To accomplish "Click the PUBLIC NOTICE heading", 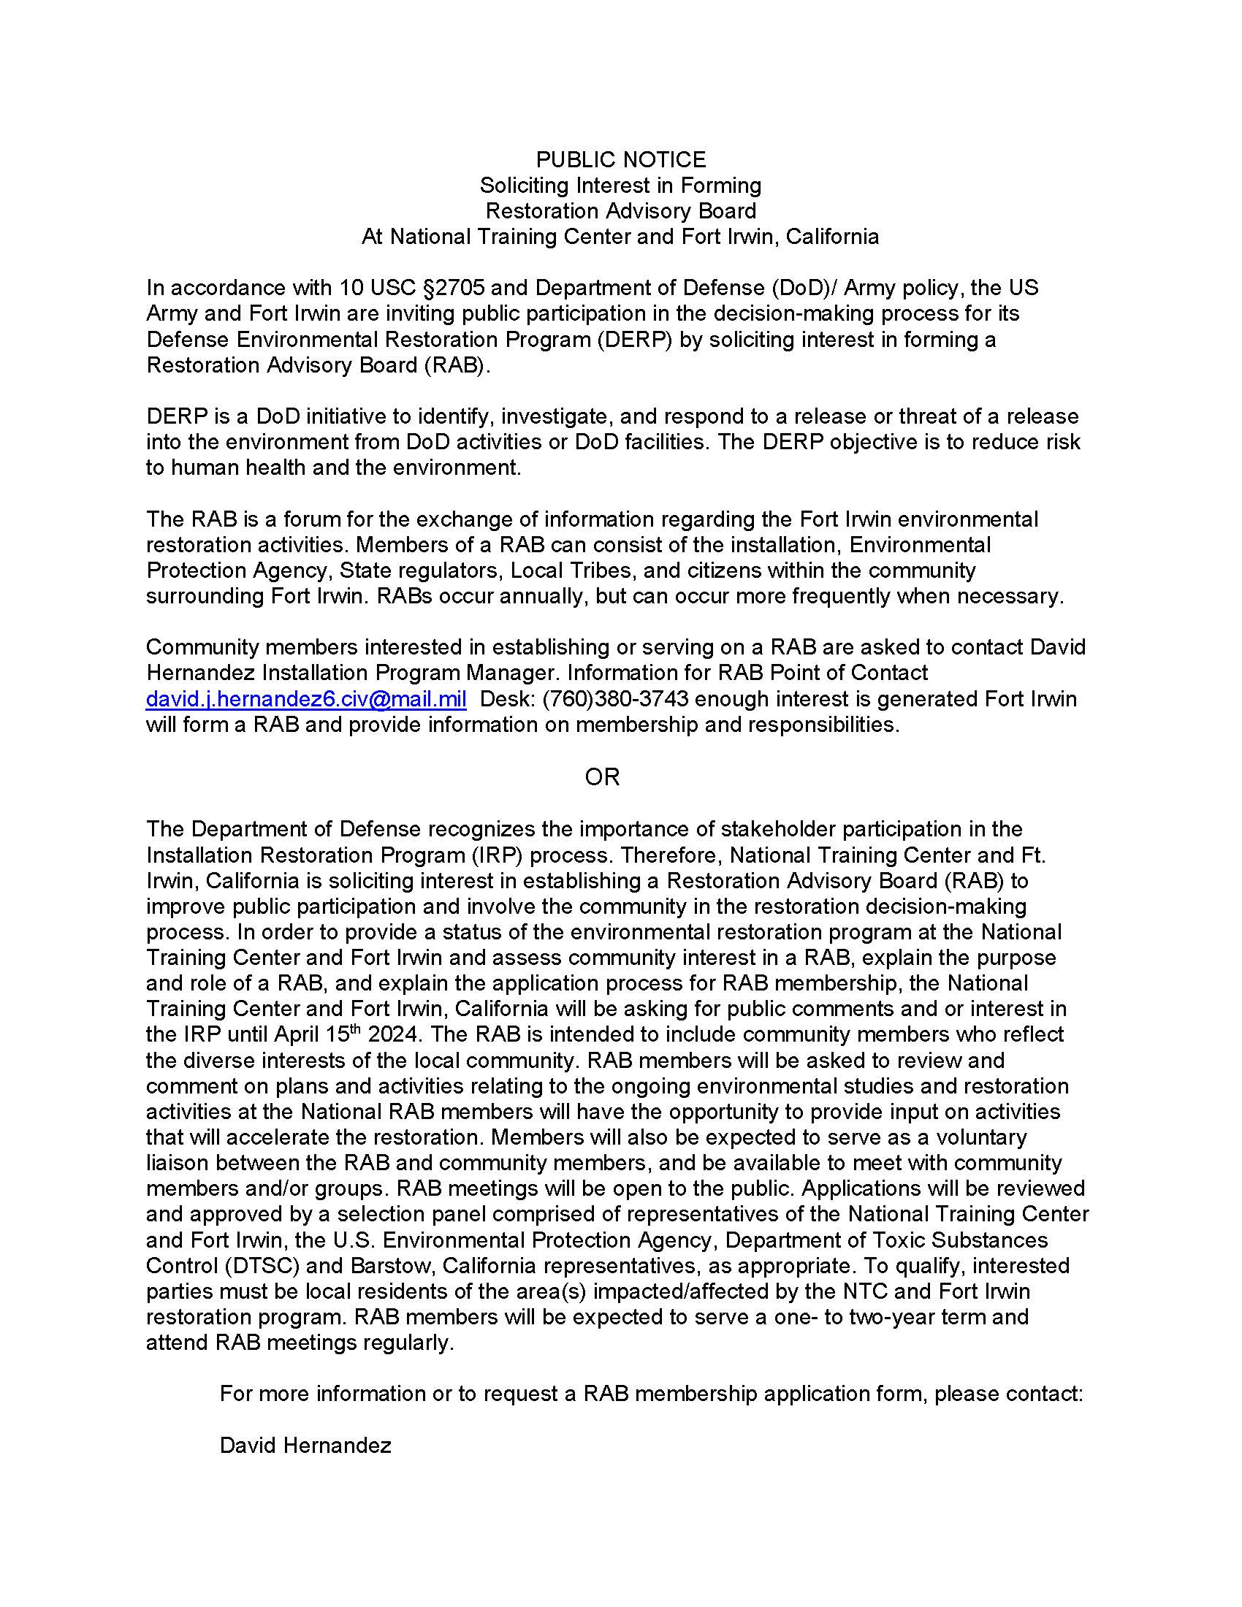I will [x=620, y=160].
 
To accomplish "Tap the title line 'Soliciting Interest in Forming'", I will [x=620, y=186].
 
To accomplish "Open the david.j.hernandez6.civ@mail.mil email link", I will [x=306, y=699].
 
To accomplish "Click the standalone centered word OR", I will [x=602, y=777].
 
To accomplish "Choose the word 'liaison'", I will [x=182, y=1164].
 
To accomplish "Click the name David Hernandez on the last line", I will [x=305, y=1446].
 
